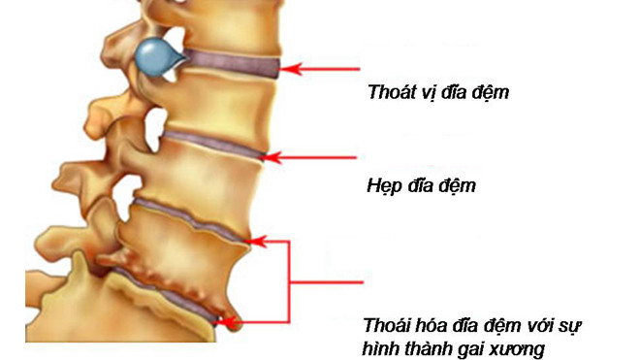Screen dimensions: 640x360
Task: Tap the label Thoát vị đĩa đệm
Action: [x=438, y=94]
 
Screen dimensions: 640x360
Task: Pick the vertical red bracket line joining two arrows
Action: [x=290, y=281]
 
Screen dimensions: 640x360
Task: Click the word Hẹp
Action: [x=384, y=183]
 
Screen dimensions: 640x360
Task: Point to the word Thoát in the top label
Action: [x=389, y=94]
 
